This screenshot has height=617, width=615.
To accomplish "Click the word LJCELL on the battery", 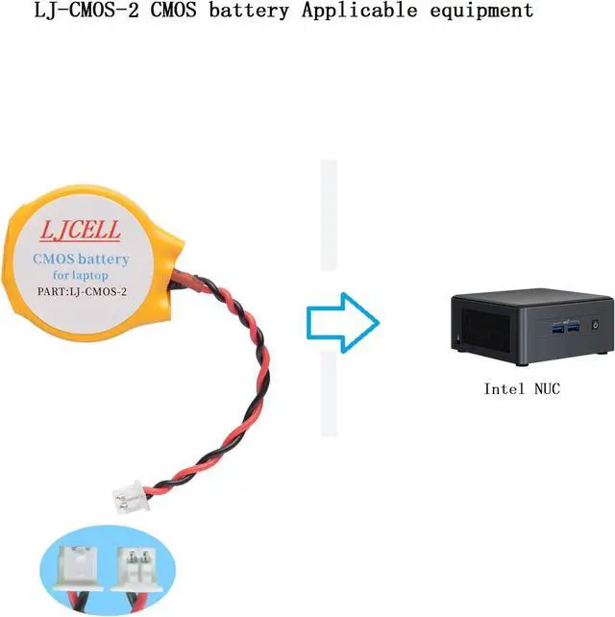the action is tap(82, 232).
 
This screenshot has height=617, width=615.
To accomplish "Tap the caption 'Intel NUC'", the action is tap(521, 389).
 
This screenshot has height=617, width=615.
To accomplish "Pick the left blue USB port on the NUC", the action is tap(559, 329).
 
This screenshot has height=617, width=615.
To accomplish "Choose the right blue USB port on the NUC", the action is tap(576, 329).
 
